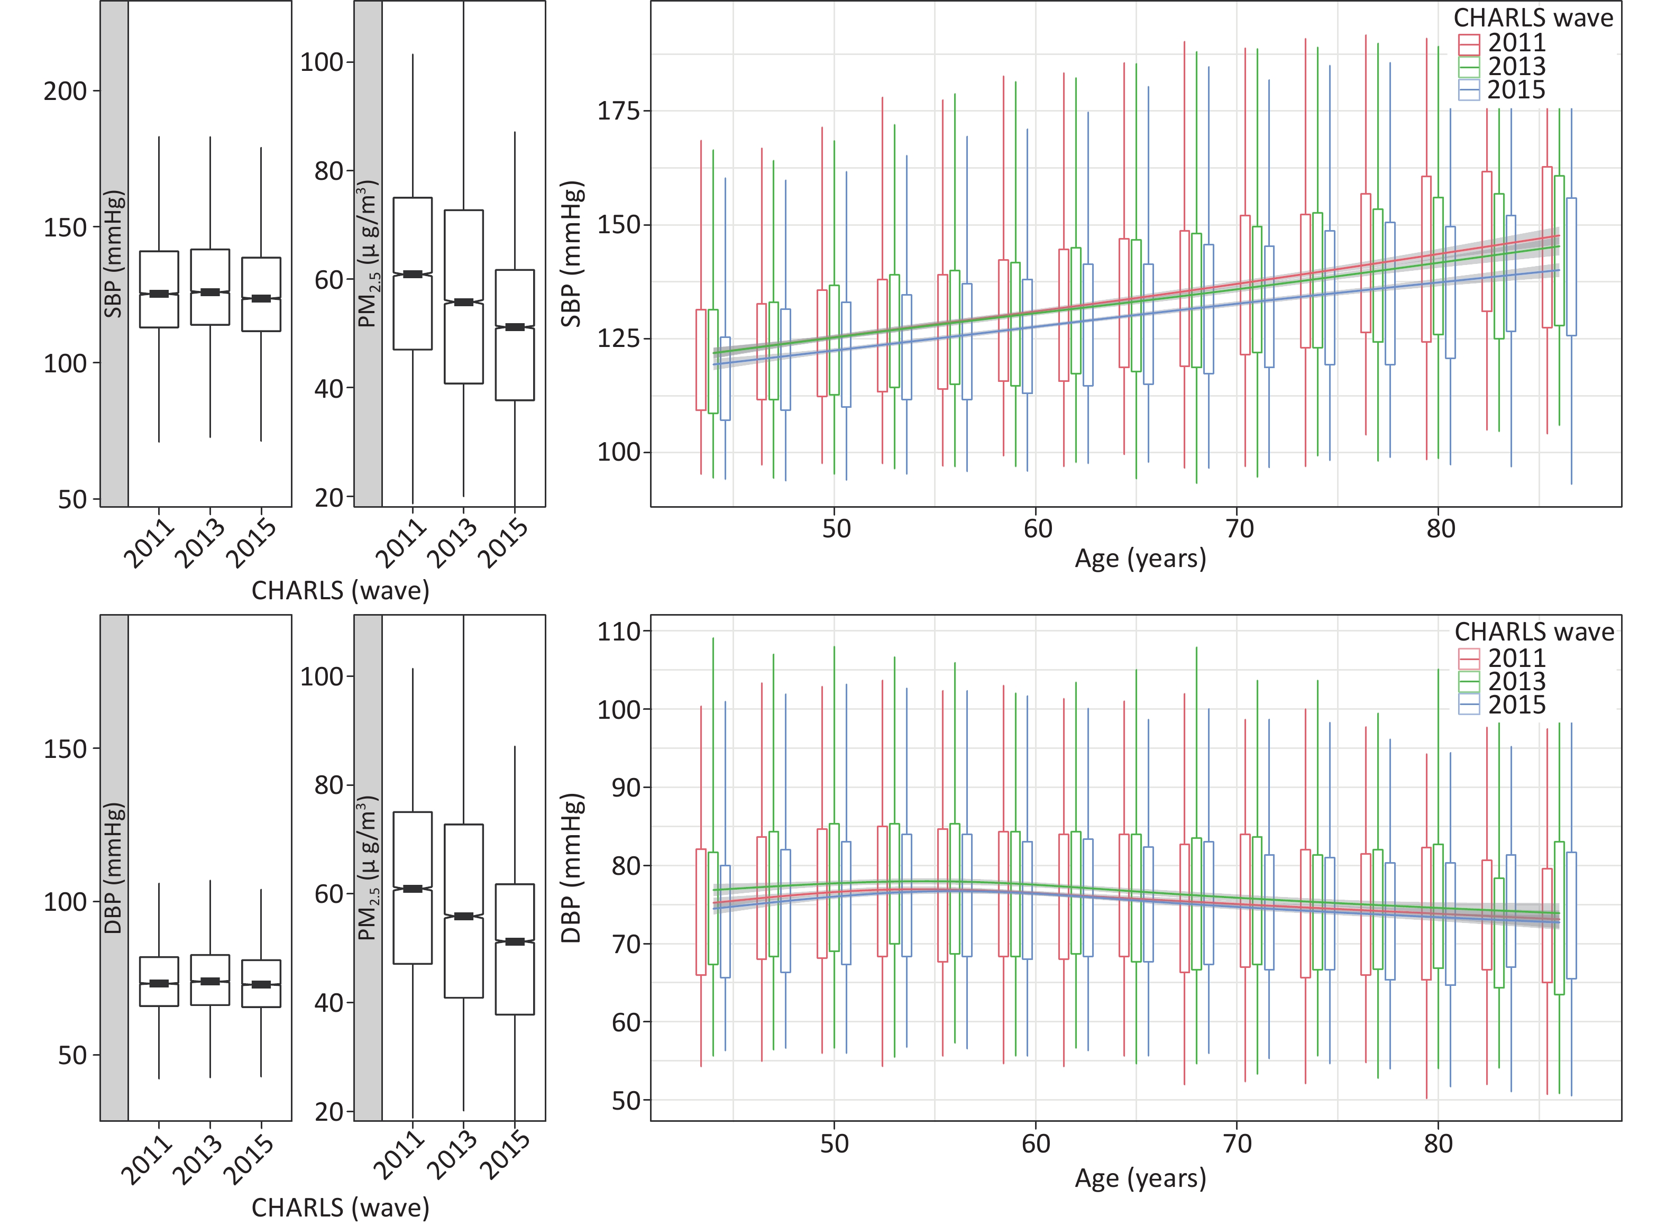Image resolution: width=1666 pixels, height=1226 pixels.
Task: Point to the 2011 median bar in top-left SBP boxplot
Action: click(159, 294)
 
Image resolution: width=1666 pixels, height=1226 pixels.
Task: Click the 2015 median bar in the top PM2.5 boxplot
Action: click(515, 327)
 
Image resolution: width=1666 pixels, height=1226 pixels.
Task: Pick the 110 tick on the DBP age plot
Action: click(619, 632)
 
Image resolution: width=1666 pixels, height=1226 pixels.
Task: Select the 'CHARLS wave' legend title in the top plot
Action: click(1533, 18)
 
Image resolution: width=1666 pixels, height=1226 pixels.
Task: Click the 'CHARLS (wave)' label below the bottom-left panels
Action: click(341, 1207)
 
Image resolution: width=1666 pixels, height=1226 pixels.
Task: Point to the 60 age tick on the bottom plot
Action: click(1036, 1143)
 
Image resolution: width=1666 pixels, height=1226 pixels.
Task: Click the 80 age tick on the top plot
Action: click(1440, 529)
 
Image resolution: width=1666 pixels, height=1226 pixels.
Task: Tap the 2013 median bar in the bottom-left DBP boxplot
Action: click(210, 981)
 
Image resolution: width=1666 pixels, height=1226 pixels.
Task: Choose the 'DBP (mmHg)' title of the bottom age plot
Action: click(571, 868)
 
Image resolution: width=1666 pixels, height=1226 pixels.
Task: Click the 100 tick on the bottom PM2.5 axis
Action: click(322, 676)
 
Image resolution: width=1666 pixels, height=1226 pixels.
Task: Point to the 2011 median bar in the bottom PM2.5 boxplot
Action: click(413, 889)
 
